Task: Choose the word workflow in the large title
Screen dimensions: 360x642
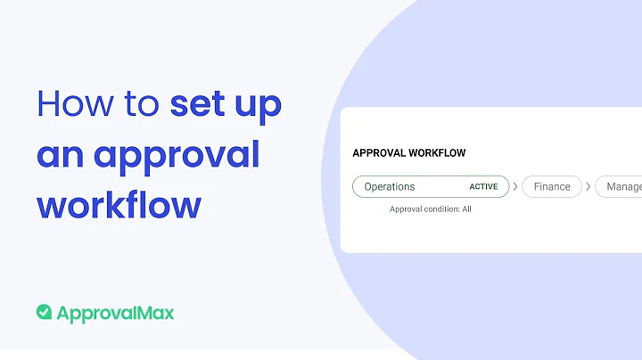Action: pyautogui.click(x=119, y=206)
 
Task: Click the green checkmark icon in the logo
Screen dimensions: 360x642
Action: pyautogui.click(x=44, y=312)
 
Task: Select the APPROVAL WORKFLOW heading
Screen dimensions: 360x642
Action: pyautogui.click(x=409, y=152)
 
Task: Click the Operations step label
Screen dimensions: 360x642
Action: pyautogui.click(x=390, y=187)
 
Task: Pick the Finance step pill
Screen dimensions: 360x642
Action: pyautogui.click(x=552, y=187)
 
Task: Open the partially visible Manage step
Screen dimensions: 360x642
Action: pyautogui.click(x=622, y=187)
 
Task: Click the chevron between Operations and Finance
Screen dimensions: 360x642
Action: pyautogui.click(x=515, y=187)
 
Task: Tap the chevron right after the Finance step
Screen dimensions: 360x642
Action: pyautogui.click(x=588, y=187)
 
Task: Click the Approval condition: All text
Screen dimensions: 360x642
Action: pyautogui.click(x=431, y=209)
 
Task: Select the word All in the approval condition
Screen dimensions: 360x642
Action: pyautogui.click(x=466, y=209)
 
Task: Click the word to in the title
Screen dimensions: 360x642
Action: pyautogui.click(x=136, y=105)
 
